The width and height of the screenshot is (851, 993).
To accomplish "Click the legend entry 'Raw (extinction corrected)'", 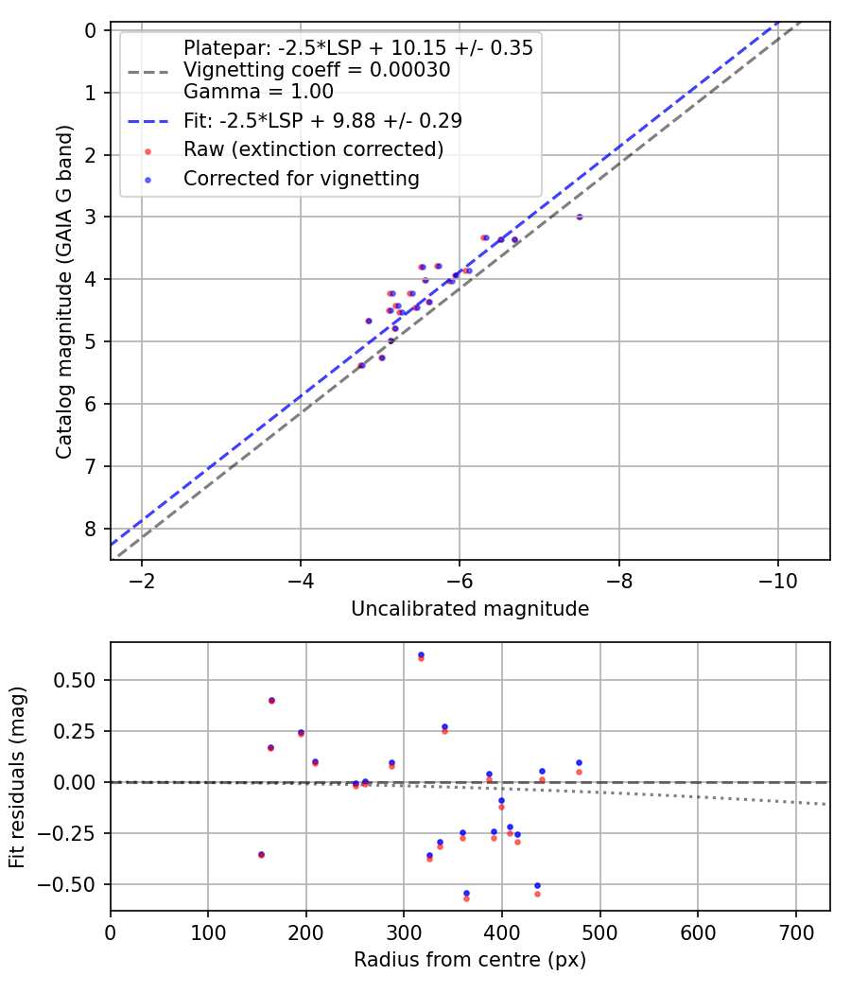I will (x=313, y=149).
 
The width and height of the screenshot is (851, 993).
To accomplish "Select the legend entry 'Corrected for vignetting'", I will (x=301, y=178).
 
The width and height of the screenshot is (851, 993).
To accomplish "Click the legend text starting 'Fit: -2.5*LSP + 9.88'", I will (x=322, y=120).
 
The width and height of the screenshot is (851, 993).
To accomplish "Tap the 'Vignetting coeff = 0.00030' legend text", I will (x=316, y=69).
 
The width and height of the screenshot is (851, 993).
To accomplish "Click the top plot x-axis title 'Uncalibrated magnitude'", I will (x=470, y=609).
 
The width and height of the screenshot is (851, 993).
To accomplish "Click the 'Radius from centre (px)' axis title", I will (x=470, y=960).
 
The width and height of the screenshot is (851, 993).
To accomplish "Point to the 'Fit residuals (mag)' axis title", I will (x=18, y=776).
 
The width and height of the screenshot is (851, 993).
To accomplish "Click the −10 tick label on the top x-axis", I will (x=777, y=578).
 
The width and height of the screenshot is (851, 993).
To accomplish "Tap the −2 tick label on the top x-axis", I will (x=142, y=578).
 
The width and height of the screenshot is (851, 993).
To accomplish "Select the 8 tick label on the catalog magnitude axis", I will (x=91, y=529).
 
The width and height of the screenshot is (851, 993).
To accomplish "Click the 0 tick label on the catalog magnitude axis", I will (x=91, y=30).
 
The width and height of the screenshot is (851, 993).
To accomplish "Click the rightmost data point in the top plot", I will (x=580, y=217).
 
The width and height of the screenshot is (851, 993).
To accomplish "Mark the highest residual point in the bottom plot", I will (x=421, y=655).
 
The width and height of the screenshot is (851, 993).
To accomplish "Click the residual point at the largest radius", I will (x=579, y=763).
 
